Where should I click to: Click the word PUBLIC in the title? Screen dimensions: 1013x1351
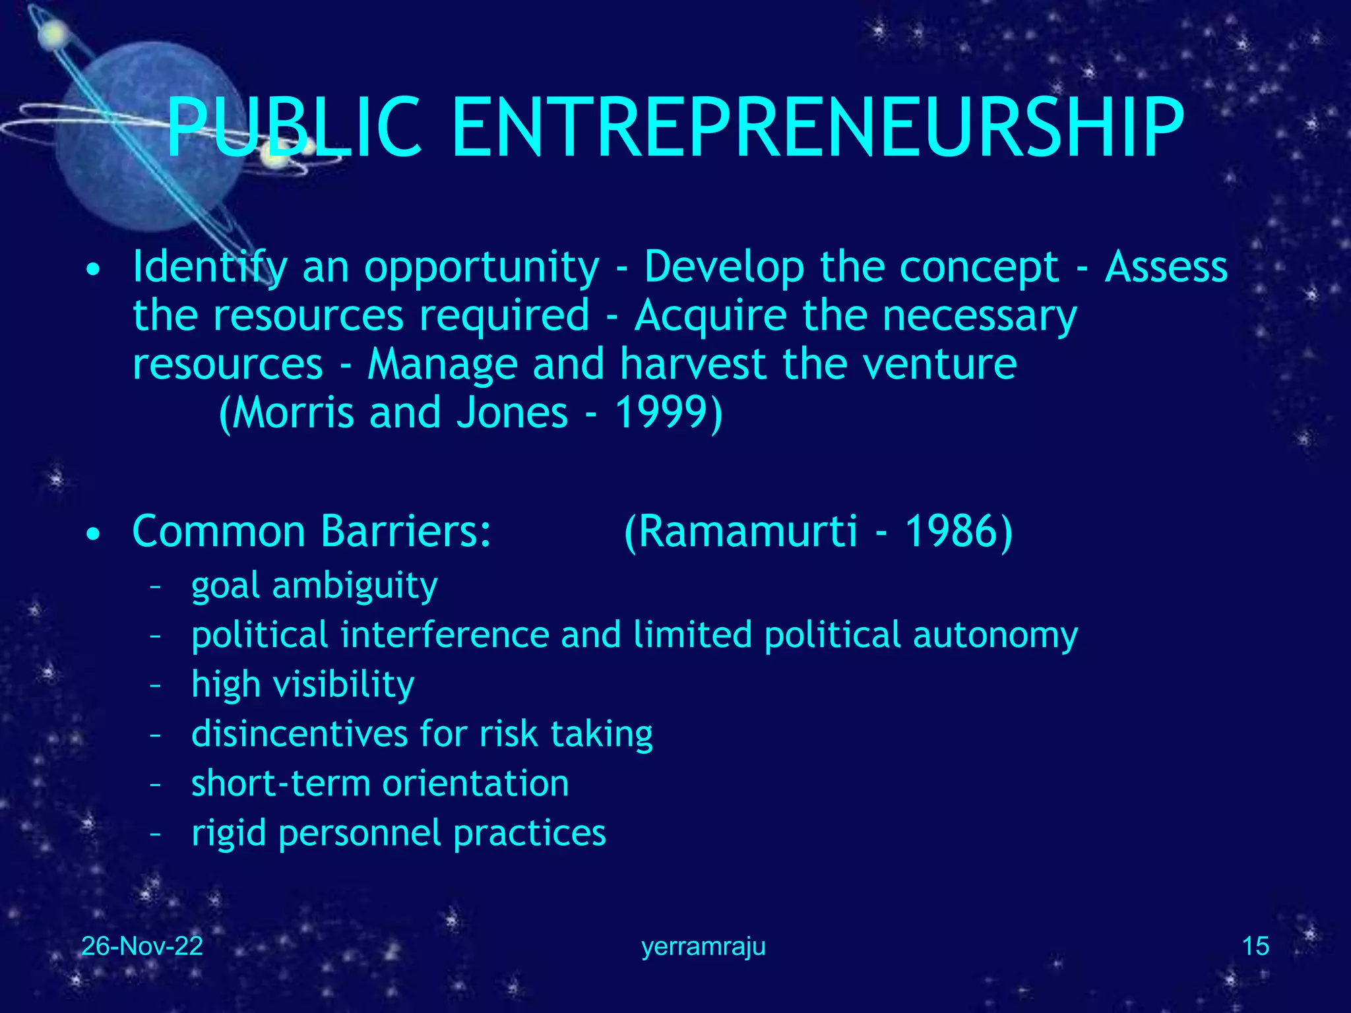click(x=294, y=128)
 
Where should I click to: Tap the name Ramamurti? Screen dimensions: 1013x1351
click(x=749, y=531)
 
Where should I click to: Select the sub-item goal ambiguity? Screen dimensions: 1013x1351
click(x=314, y=586)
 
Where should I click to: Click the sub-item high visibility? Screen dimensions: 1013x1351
click(x=303, y=684)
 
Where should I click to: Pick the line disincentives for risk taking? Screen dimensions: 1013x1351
click(x=422, y=733)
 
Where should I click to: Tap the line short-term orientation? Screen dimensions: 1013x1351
click(x=380, y=783)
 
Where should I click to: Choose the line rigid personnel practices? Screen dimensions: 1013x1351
click(x=398, y=833)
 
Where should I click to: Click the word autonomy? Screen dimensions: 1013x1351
click(x=995, y=635)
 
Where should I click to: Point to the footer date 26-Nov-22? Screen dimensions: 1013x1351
click(x=142, y=946)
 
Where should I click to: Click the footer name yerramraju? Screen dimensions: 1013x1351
click(x=703, y=947)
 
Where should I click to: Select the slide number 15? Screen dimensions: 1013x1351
click(x=1255, y=946)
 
